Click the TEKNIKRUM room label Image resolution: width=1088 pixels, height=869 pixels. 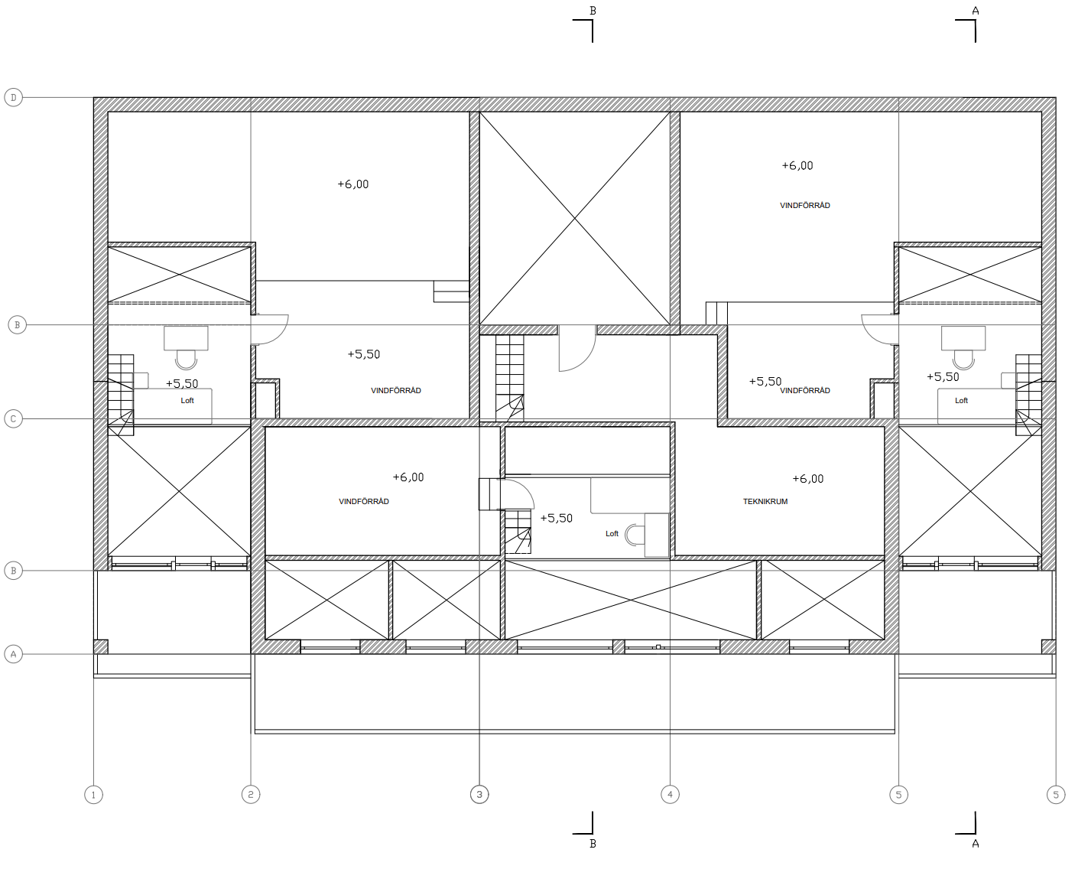coord(765,501)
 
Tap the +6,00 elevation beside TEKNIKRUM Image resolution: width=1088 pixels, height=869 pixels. coord(808,479)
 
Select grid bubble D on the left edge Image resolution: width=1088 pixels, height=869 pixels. coord(14,97)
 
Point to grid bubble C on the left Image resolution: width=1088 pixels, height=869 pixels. coord(14,419)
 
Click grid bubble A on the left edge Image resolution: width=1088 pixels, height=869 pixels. coord(14,654)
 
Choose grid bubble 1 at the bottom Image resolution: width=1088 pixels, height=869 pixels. coord(93,795)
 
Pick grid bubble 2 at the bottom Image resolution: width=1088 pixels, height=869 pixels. coord(251,795)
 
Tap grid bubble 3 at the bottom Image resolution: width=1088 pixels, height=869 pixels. coord(479,795)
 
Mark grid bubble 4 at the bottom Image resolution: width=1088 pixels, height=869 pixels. coord(670,795)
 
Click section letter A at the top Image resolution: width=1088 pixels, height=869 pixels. coord(976,11)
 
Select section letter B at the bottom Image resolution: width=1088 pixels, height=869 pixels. coord(593,844)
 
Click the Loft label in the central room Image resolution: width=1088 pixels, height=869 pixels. coord(612,534)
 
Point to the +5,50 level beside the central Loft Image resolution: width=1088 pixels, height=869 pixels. coord(556,518)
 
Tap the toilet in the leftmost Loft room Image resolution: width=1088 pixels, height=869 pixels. coord(186,359)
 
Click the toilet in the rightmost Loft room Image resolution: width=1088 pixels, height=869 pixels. coord(963,359)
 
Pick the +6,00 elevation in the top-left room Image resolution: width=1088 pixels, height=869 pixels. coord(353,184)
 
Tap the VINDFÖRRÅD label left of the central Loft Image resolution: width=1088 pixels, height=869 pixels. coord(363,501)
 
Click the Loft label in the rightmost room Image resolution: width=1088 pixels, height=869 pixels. coord(961,401)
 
